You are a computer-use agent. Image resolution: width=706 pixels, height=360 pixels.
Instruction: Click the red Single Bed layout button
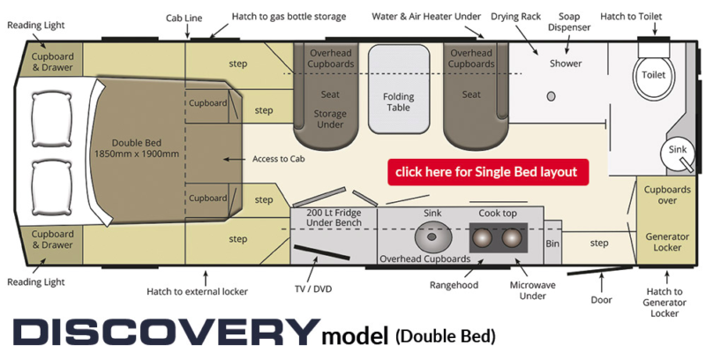pos(487,171)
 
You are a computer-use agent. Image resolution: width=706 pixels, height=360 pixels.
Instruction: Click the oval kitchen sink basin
pos(432,237)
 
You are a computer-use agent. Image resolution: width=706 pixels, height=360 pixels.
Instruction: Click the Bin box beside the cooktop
pos(552,243)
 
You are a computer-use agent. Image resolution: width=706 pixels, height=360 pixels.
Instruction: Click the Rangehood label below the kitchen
pos(454,285)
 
